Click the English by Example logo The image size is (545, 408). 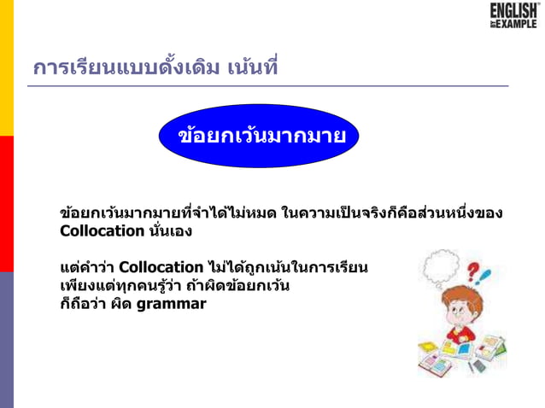(x=513, y=16)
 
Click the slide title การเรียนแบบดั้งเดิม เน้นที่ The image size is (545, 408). (x=155, y=66)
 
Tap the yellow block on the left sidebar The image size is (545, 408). (x=7, y=67)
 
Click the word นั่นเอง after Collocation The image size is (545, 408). (x=171, y=230)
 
